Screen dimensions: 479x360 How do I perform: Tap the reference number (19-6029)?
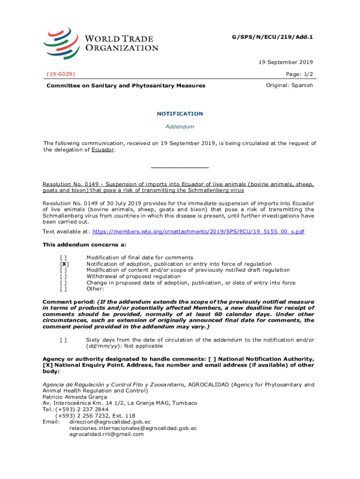pos(61,74)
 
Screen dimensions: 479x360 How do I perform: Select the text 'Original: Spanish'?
pos(289,86)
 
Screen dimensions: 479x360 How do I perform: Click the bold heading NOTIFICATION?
pos(180,114)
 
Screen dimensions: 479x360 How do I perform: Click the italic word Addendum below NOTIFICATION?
pos(180,127)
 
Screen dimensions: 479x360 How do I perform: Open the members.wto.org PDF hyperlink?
pos(199,232)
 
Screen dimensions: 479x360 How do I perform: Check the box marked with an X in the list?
pos(63,264)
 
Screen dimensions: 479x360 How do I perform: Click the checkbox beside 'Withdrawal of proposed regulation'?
pos(63,276)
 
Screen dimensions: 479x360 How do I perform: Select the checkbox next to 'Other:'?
pos(63,289)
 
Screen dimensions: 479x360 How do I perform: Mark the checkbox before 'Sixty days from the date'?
pos(63,340)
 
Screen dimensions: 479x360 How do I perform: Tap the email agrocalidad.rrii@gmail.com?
pos(107,434)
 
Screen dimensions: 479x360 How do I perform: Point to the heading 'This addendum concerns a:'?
pos(85,245)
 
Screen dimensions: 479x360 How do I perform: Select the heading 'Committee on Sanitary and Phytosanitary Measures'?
pos(125,86)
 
